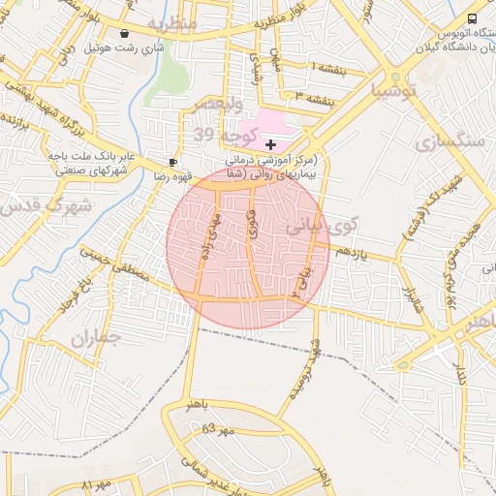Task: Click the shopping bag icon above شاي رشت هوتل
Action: coord(125,33)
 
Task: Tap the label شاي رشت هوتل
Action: coord(125,46)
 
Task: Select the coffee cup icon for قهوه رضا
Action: coord(172,163)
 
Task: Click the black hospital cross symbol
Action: coord(270,144)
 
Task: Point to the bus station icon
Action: coord(472,18)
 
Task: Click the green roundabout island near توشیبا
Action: coord(394,77)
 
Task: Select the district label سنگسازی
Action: coord(449,141)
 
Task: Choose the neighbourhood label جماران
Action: coord(94,338)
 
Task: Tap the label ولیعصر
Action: coord(219,104)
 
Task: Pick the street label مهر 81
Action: coord(97,483)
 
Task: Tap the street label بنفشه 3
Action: coord(315,100)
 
